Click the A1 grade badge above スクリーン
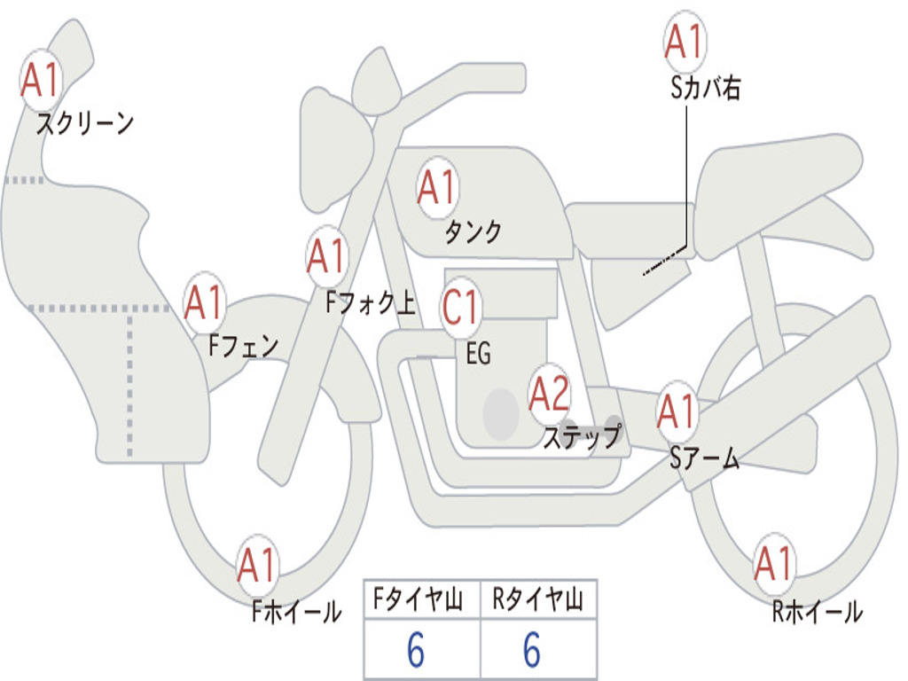pyautogui.click(x=40, y=81)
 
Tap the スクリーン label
pyautogui.click(x=85, y=123)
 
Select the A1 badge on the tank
pyautogui.click(x=436, y=188)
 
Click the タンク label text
pyautogui.click(x=473, y=232)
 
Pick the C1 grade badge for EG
pyautogui.click(x=461, y=307)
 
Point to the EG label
pyautogui.click(x=478, y=354)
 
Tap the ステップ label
pyautogui.click(x=582, y=437)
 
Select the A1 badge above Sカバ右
pyautogui.click(x=685, y=42)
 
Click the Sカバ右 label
pyautogui.click(x=706, y=89)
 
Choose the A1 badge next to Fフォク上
pyautogui.click(x=326, y=256)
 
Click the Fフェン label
pyautogui.click(x=244, y=346)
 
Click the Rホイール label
pyautogui.click(x=817, y=612)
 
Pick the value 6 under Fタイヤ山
pyautogui.click(x=416, y=652)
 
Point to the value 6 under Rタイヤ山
pyautogui.click(x=532, y=652)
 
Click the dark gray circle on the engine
pyautogui.click(x=501, y=413)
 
